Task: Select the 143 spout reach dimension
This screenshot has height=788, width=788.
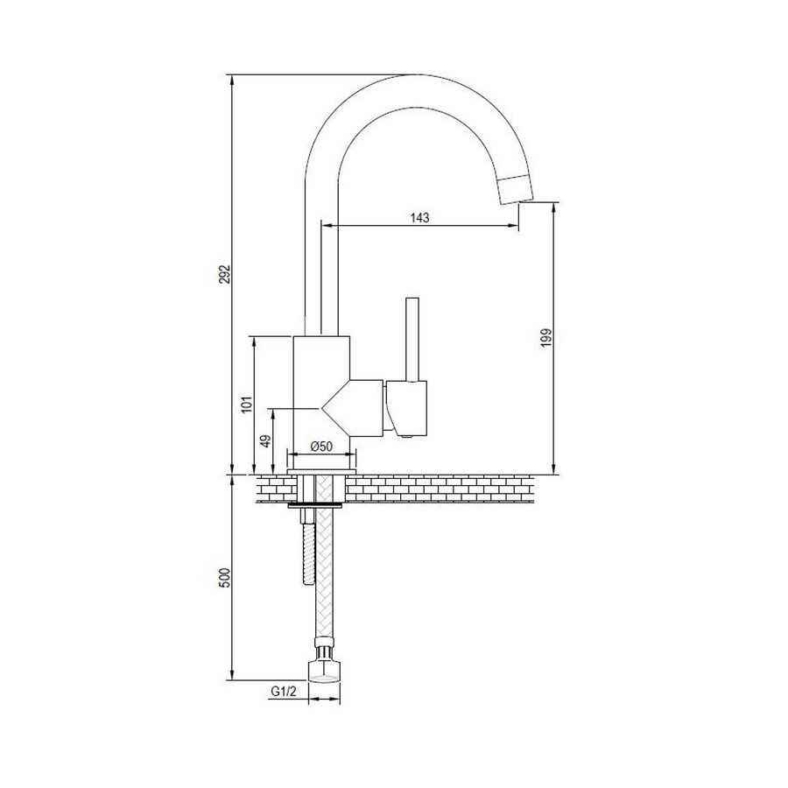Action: pyautogui.click(x=419, y=218)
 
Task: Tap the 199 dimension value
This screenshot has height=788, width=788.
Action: pyautogui.click(x=545, y=338)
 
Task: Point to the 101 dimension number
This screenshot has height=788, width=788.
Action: pyautogui.click(x=246, y=404)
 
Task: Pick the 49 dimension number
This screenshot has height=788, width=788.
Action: pyautogui.click(x=265, y=441)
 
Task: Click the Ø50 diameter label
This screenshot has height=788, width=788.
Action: pyautogui.click(x=321, y=447)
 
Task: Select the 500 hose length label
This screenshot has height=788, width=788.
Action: pyautogui.click(x=223, y=578)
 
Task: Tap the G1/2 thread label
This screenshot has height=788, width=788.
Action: pyautogui.click(x=281, y=691)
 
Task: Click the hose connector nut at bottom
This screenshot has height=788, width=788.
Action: pyautogui.click(x=323, y=669)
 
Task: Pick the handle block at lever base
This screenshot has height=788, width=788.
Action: pyautogui.click(x=406, y=408)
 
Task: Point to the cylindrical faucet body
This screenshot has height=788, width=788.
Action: pyautogui.click(x=322, y=368)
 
